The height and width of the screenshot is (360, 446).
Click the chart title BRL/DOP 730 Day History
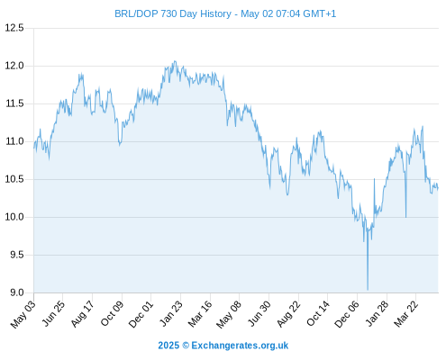click(x=173, y=13)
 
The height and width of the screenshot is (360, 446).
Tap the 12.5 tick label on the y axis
click(x=14, y=28)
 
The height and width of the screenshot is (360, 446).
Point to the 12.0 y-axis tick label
click(x=14, y=66)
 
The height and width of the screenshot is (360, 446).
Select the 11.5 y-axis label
click(x=14, y=103)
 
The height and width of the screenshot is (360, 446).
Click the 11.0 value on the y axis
click(x=14, y=141)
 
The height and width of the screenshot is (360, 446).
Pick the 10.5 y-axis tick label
click(x=14, y=179)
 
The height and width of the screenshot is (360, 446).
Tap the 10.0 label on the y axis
click(x=14, y=217)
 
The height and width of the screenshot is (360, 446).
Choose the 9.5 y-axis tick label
click(x=17, y=255)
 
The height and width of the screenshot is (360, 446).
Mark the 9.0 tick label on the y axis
click(x=17, y=292)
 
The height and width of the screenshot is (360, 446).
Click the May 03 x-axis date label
click(x=23, y=314)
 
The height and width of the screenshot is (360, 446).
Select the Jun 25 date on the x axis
click(x=53, y=313)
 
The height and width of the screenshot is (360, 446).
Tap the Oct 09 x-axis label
click(x=112, y=313)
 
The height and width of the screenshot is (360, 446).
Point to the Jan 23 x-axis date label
click(x=170, y=313)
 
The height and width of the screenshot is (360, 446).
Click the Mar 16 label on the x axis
click(x=200, y=314)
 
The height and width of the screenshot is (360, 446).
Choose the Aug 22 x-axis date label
click(x=288, y=314)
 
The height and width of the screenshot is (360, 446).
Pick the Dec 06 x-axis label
click(x=347, y=314)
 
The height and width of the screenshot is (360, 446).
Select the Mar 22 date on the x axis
click(x=406, y=314)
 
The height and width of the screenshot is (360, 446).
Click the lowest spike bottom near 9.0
click(x=368, y=290)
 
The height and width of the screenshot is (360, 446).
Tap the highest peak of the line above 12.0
click(x=175, y=61)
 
